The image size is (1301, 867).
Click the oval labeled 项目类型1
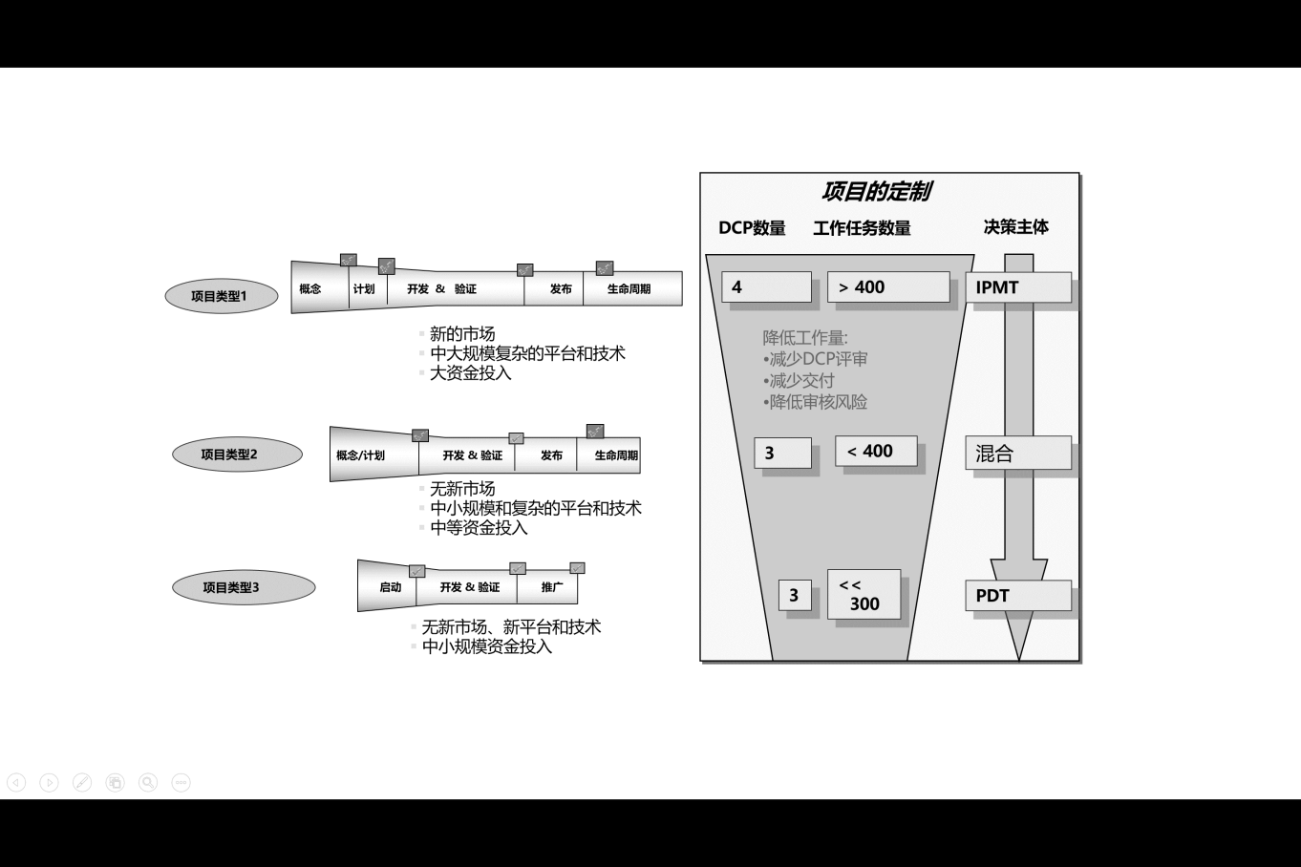click(x=220, y=296)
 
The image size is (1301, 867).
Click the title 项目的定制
click(x=876, y=192)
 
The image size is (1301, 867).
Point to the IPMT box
click(x=1018, y=287)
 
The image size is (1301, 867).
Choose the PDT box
click(x=1018, y=596)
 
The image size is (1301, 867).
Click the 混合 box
click(x=1018, y=454)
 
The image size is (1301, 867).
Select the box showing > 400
click(x=888, y=287)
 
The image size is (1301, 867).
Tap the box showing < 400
click(x=876, y=452)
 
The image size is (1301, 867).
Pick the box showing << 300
click(x=864, y=595)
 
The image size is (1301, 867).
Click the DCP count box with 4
click(x=766, y=287)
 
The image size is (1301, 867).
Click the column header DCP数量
click(x=752, y=228)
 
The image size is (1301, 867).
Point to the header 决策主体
click(x=1015, y=227)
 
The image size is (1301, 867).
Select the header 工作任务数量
click(x=862, y=228)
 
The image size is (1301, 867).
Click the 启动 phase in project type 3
click(x=390, y=587)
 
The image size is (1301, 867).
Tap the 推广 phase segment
click(x=551, y=587)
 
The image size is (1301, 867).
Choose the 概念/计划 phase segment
click(x=361, y=455)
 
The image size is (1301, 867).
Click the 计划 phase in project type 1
click(x=364, y=289)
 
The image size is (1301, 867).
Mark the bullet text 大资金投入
click(x=470, y=373)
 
